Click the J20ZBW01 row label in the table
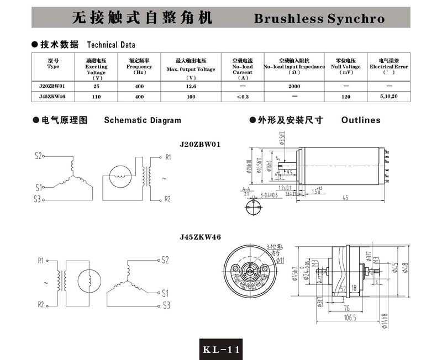(53, 87)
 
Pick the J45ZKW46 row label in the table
(53, 97)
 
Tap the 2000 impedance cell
(294, 87)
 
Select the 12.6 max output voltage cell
(191, 87)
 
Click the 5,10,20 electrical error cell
(389, 97)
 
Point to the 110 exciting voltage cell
(96, 97)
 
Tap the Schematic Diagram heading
(142, 120)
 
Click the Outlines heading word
(361, 120)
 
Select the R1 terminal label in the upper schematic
(168, 157)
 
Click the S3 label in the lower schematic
(166, 304)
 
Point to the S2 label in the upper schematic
(38, 156)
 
